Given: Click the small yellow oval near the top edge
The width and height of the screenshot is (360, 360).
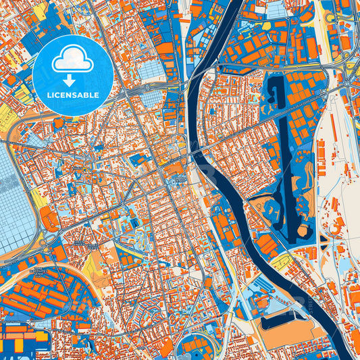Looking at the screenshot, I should pos(266,26).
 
